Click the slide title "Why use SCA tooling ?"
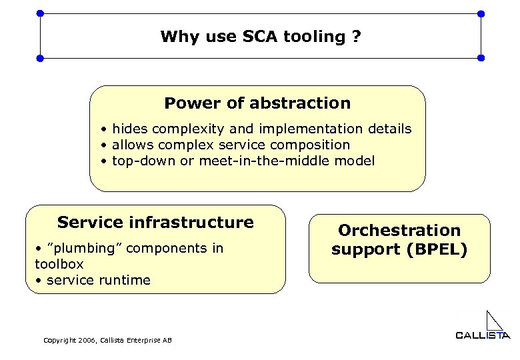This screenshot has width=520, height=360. pyautogui.click(x=260, y=36)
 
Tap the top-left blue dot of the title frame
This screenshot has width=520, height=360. pyautogui.click(x=40, y=13)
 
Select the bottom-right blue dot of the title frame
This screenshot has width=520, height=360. pyautogui.click(x=481, y=59)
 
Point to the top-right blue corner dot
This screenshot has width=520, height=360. pyautogui.click(x=481, y=13)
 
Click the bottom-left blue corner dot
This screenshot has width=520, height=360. pyautogui.click(x=40, y=59)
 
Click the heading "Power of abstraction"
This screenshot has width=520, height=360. pyautogui.click(x=257, y=103)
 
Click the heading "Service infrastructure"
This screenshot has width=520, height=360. pyautogui.click(x=155, y=222)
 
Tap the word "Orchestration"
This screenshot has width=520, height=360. pyautogui.click(x=399, y=230)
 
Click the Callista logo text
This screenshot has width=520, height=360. pyautogui.click(x=482, y=335)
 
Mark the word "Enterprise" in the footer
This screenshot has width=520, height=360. pyautogui.click(x=143, y=341)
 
